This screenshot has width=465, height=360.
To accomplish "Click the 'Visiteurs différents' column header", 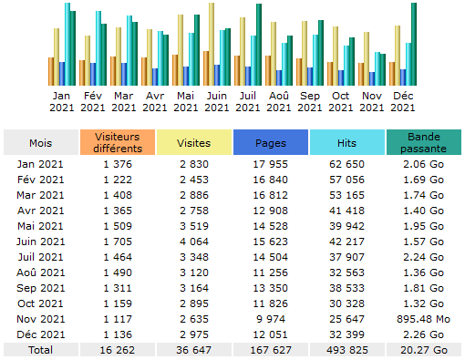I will point(118,142).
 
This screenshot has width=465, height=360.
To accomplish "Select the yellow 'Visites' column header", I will point(194,142).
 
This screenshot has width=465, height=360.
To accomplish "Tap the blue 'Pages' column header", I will point(271,142).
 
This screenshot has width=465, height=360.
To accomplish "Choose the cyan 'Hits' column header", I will point(347,142).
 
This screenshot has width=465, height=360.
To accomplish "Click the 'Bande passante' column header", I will point(424,142).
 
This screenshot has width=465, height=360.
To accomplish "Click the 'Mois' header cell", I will point(41,142).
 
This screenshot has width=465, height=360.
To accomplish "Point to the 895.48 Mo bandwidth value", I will point(424,318).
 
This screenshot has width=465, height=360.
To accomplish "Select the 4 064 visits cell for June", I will point(194,241).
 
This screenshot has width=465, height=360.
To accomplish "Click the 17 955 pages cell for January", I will point(271,163).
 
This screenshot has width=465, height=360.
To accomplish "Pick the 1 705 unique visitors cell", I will point(118,241).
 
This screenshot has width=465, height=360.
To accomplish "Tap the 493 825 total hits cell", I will point(347,349).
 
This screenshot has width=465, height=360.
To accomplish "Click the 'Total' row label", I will point(41,349).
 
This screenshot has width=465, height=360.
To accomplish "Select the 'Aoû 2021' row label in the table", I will point(41,272).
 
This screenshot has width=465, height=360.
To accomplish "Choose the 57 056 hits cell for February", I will point(347,179).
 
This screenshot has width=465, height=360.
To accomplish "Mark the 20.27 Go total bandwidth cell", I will point(424,349).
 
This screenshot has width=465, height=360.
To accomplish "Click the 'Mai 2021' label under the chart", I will point(185,101).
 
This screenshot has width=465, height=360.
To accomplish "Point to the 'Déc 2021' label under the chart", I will point(402,101).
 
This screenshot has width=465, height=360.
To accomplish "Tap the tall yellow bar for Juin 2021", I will point(212,44).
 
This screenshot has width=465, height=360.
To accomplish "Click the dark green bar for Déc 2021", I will point(414,44).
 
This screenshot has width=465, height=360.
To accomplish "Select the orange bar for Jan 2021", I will point(51,71).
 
